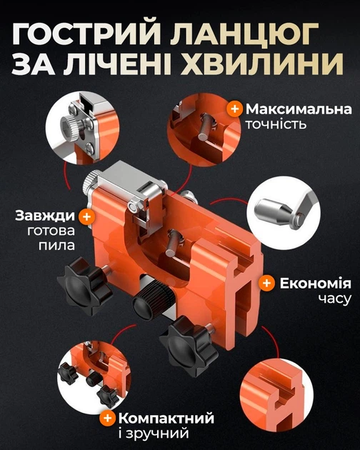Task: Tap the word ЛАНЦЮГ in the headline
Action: (244, 34)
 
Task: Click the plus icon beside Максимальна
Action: (234, 109)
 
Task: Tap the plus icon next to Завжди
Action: (86, 216)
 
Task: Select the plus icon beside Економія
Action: (267, 283)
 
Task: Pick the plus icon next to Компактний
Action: (107, 418)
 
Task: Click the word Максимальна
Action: (299, 109)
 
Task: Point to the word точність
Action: (276, 124)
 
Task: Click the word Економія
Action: (315, 284)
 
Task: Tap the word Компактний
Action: (166, 419)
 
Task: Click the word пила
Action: (56, 246)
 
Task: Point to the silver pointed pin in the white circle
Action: (276, 211)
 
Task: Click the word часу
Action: (335, 299)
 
